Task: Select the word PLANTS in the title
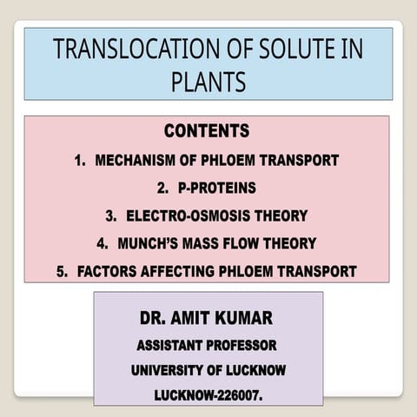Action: [208, 82]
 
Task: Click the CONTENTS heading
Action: [207, 132]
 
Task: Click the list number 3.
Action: [110, 215]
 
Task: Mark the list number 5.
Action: [62, 272]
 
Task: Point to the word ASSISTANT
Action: [169, 345]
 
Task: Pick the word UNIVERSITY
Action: [168, 370]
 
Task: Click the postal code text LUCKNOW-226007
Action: [208, 395]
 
